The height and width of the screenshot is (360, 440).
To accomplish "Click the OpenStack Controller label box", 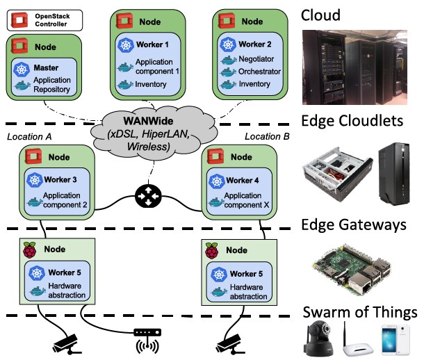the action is tap(45, 20).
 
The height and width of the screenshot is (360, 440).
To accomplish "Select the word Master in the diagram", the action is tap(46, 68).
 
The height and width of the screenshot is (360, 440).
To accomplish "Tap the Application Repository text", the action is tap(52, 85).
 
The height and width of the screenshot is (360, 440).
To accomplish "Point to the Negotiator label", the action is tap(256, 59).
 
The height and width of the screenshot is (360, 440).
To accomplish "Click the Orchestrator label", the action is tap(259, 72).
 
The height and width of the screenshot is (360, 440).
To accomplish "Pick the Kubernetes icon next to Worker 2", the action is tap(228, 44).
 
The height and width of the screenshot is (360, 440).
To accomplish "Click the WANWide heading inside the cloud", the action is tap(148, 121).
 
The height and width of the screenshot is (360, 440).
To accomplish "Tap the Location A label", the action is tap(29, 137).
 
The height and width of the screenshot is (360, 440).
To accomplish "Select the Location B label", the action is tap(267, 136).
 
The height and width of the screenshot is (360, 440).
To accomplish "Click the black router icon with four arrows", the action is tap(148, 196).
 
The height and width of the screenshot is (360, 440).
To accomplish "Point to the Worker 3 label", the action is tap(60, 179).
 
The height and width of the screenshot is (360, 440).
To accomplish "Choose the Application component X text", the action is tap(247, 200).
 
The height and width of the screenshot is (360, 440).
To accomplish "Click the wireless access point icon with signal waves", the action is tap(147, 341).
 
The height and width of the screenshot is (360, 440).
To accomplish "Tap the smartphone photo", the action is tap(396, 340).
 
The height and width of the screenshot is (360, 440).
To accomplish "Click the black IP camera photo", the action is tap(319, 338).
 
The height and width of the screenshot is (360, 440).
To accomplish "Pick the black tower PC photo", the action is tap(394, 174).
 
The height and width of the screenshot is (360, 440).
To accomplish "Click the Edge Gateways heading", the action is tap(354, 224).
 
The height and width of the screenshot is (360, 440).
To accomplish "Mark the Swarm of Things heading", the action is tap(360, 312).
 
